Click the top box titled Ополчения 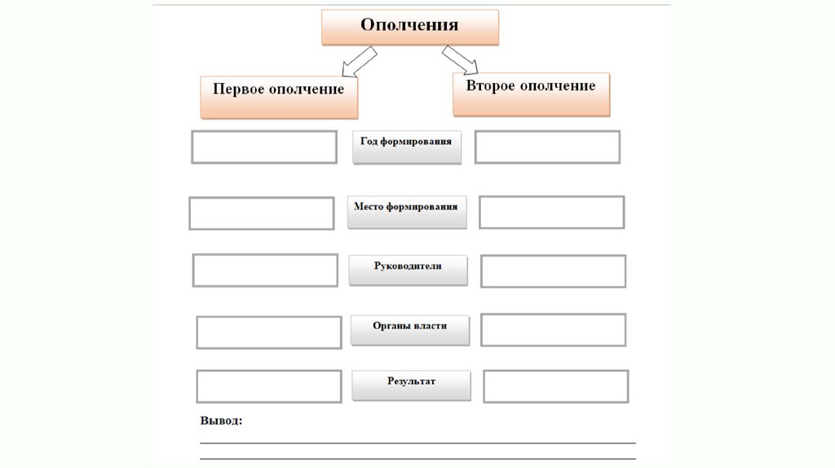click(409, 26)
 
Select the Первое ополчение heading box click(279, 97)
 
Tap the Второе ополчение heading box click(531, 94)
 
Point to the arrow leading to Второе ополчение click(460, 60)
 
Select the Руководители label click(408, 270)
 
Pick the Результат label click(411, 385)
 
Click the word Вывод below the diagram click(221, 422)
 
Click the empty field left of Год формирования click(264, 147)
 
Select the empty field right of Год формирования click(547, 147)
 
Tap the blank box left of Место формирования click(261, 213)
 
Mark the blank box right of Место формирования click(551, 212)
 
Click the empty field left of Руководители click(265, 270)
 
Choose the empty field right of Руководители click(553, 272)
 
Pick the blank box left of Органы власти click(268, 332)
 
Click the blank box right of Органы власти click(553, 330)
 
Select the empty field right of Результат click(555, 386)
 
